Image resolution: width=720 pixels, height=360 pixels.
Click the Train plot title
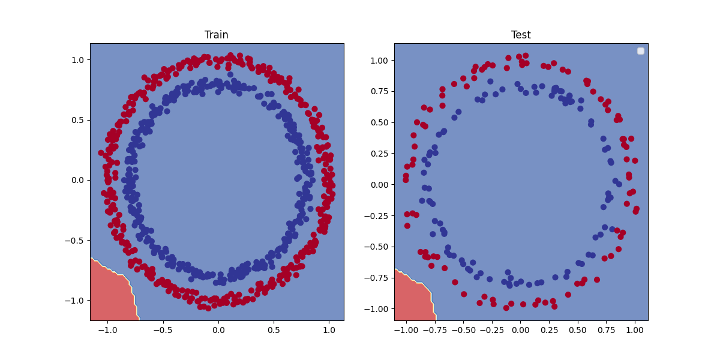click(x=217, y=35)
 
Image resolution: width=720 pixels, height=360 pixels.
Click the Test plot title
click(x=521, y=35)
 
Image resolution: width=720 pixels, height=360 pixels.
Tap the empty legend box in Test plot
click(x=640, y=51)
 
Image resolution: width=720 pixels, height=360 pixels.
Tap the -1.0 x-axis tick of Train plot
click(x=107, y=330)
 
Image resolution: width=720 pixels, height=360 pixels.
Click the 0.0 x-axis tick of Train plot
click(x=218, y=330)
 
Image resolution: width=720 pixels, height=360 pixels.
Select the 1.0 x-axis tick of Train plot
click(x=329, y=330)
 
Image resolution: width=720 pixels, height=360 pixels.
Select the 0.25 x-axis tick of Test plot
click(x=549, y=330)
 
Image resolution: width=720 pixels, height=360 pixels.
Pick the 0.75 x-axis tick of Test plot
click(x=607, y=330)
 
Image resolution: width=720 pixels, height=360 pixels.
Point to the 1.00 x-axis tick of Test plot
click(x=635, y=330)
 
